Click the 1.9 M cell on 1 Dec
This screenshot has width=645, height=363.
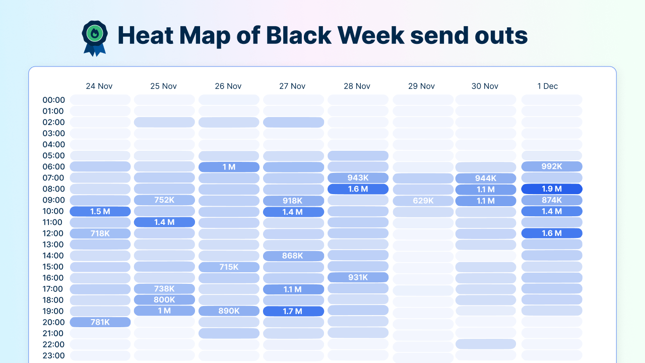(x=552, y=189)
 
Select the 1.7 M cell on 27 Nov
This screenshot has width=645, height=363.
(x=293, y=311)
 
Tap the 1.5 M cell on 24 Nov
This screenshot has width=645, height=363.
(x=100, y=211)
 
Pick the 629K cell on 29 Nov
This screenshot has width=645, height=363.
(x=423, y=201)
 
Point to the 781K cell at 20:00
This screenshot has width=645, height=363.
(x=100, y=322)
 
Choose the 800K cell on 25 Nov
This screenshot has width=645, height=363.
(x=164, y=299)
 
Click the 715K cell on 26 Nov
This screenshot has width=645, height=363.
(x=229, y=267)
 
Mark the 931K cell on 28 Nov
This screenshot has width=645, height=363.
(x=358, y=277)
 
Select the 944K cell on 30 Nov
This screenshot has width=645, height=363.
(x=486, y=178)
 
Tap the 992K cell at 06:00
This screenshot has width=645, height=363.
(x=552, y=166)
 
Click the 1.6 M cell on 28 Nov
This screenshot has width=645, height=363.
(x=358, y=189)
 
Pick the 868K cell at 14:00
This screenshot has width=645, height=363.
(x=293, y=256)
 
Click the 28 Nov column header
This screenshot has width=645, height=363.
(x=357, y=86)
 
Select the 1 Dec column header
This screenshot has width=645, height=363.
(x=551, y=86)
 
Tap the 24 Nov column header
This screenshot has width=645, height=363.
(x=99, y=86)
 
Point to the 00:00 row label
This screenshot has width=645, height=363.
(x=53, y=100)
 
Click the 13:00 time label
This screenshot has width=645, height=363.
(x=53, y=245)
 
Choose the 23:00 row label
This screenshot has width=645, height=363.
(x=53, y=355)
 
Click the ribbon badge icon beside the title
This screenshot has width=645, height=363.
(x=95, y=38)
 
